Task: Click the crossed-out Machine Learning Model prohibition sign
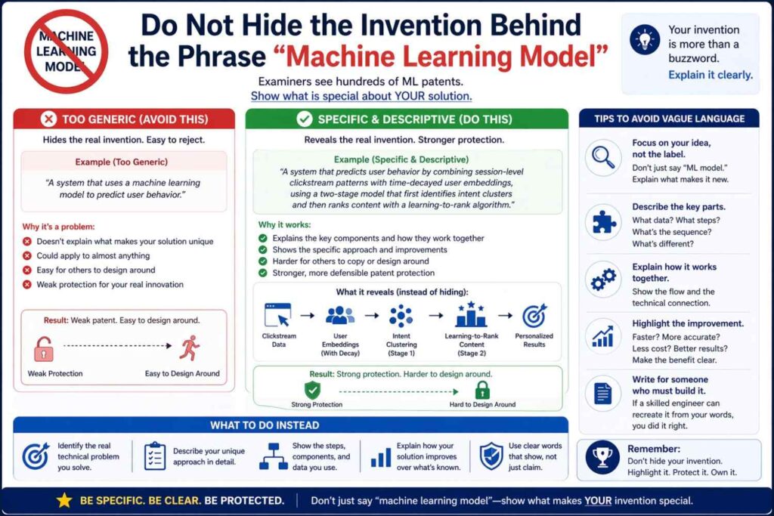[x=67, y=51]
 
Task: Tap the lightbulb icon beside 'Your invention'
[x=645, y=39]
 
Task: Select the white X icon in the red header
[x=48, y=119]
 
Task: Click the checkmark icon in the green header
[x=304, y=119]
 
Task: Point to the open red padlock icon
[x=43, y=349]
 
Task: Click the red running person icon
[x=190, y=348]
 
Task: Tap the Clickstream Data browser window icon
[x=278, y=315]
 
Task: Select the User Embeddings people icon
[x=340, y=315]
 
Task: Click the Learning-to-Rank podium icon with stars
[x=471, y=314]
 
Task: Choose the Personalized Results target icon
[x=534, y=316]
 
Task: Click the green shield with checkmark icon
[x=312, y=390]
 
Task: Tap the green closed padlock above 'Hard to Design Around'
[x=482, y=390]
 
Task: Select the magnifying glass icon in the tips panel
[x=603, y=157]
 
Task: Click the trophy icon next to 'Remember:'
[x=602, y=457]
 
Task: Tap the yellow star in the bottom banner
[x=64, y=499]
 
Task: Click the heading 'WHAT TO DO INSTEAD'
[x=265, y=425]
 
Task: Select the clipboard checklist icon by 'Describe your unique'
[x=155, y=456]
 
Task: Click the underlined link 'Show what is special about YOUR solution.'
[x=361, y=96]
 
